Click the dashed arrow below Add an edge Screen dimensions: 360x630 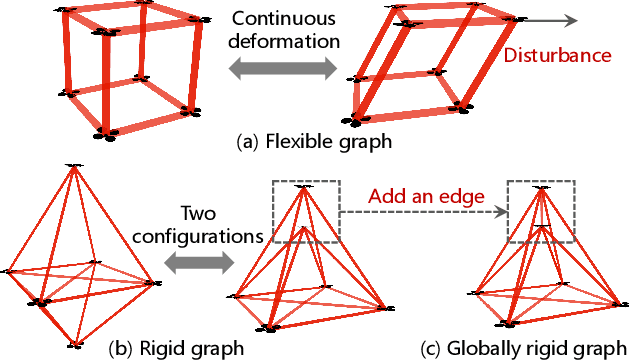424,211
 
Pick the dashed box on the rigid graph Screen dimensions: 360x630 306,211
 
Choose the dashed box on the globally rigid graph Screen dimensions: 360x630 540,211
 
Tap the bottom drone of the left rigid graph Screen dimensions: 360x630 75,345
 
